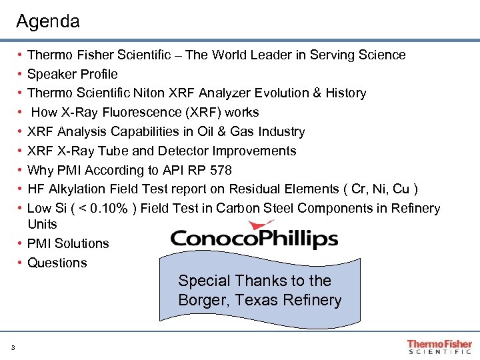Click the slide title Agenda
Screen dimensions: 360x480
(x=47, y=21)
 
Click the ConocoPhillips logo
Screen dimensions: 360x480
(x=254, y=237)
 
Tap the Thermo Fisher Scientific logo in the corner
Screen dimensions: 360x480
(x=439, y=347)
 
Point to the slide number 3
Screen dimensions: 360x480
(x=13, y=347)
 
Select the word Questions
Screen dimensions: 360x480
(x=57, y=263)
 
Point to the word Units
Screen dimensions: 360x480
(x=43, y=224)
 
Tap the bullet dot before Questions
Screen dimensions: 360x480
(x=21, y=263)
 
